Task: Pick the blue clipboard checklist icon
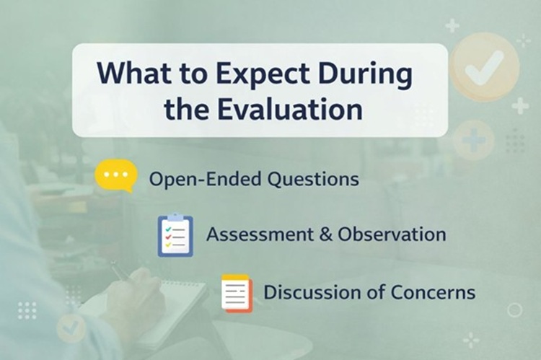(x=175, y=234)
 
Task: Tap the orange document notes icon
(x=237, y=292)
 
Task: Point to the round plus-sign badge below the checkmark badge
(x=473, y=139)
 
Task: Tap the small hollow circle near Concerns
(x=514, y=310)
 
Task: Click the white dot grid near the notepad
(x=27, y=310)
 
